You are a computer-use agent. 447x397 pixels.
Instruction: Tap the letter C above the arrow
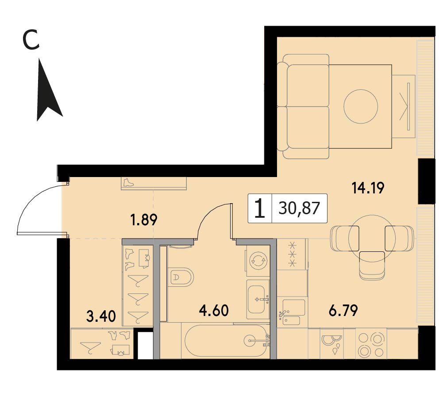31,41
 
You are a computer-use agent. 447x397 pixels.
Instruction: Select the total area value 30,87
299,208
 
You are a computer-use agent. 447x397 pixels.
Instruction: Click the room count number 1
260,208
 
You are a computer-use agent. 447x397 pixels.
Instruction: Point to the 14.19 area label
368,188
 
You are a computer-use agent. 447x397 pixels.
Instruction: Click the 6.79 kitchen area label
343,310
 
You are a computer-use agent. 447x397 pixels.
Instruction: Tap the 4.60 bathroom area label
214,310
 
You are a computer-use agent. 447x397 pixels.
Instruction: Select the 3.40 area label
101,316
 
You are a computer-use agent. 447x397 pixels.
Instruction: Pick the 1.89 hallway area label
143,220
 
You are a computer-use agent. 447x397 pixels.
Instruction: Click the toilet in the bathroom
181,277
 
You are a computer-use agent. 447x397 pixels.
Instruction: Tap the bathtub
227,341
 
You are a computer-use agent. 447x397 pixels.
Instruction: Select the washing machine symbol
258,260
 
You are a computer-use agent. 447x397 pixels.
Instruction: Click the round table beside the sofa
361,106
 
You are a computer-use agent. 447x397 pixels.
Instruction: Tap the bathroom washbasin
258,299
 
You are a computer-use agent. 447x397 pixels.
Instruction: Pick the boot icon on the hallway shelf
128,182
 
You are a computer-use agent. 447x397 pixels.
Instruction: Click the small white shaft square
145,345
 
